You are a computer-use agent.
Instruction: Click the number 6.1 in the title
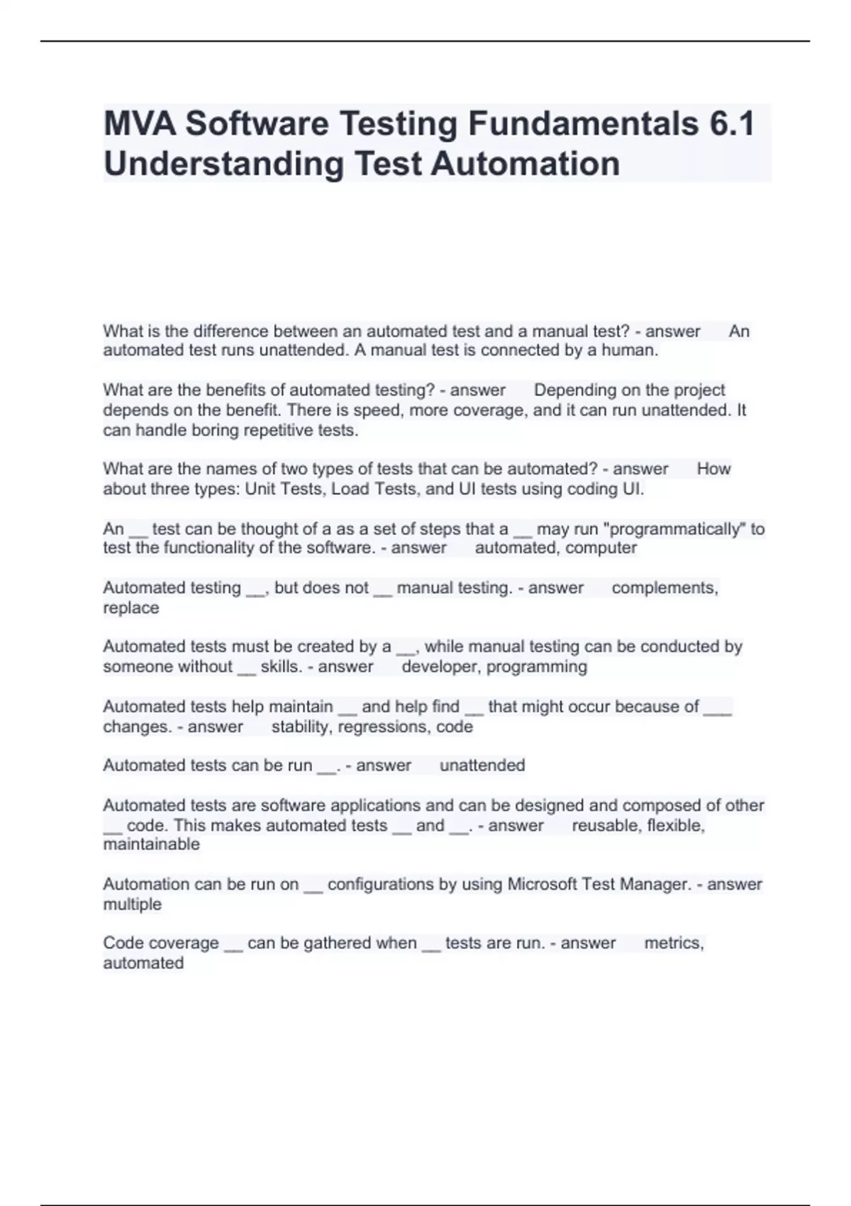click(730, 123)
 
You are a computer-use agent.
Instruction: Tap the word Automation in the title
click(525, 163)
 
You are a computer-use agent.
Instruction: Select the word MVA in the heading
click(140, 123)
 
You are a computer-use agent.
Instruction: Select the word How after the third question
click(713, 469)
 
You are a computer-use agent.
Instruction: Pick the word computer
click(601, 548)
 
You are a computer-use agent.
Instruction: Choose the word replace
click(131, 608)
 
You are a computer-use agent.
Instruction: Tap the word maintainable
click(151, 845)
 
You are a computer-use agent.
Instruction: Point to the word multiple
click(132, 905)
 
